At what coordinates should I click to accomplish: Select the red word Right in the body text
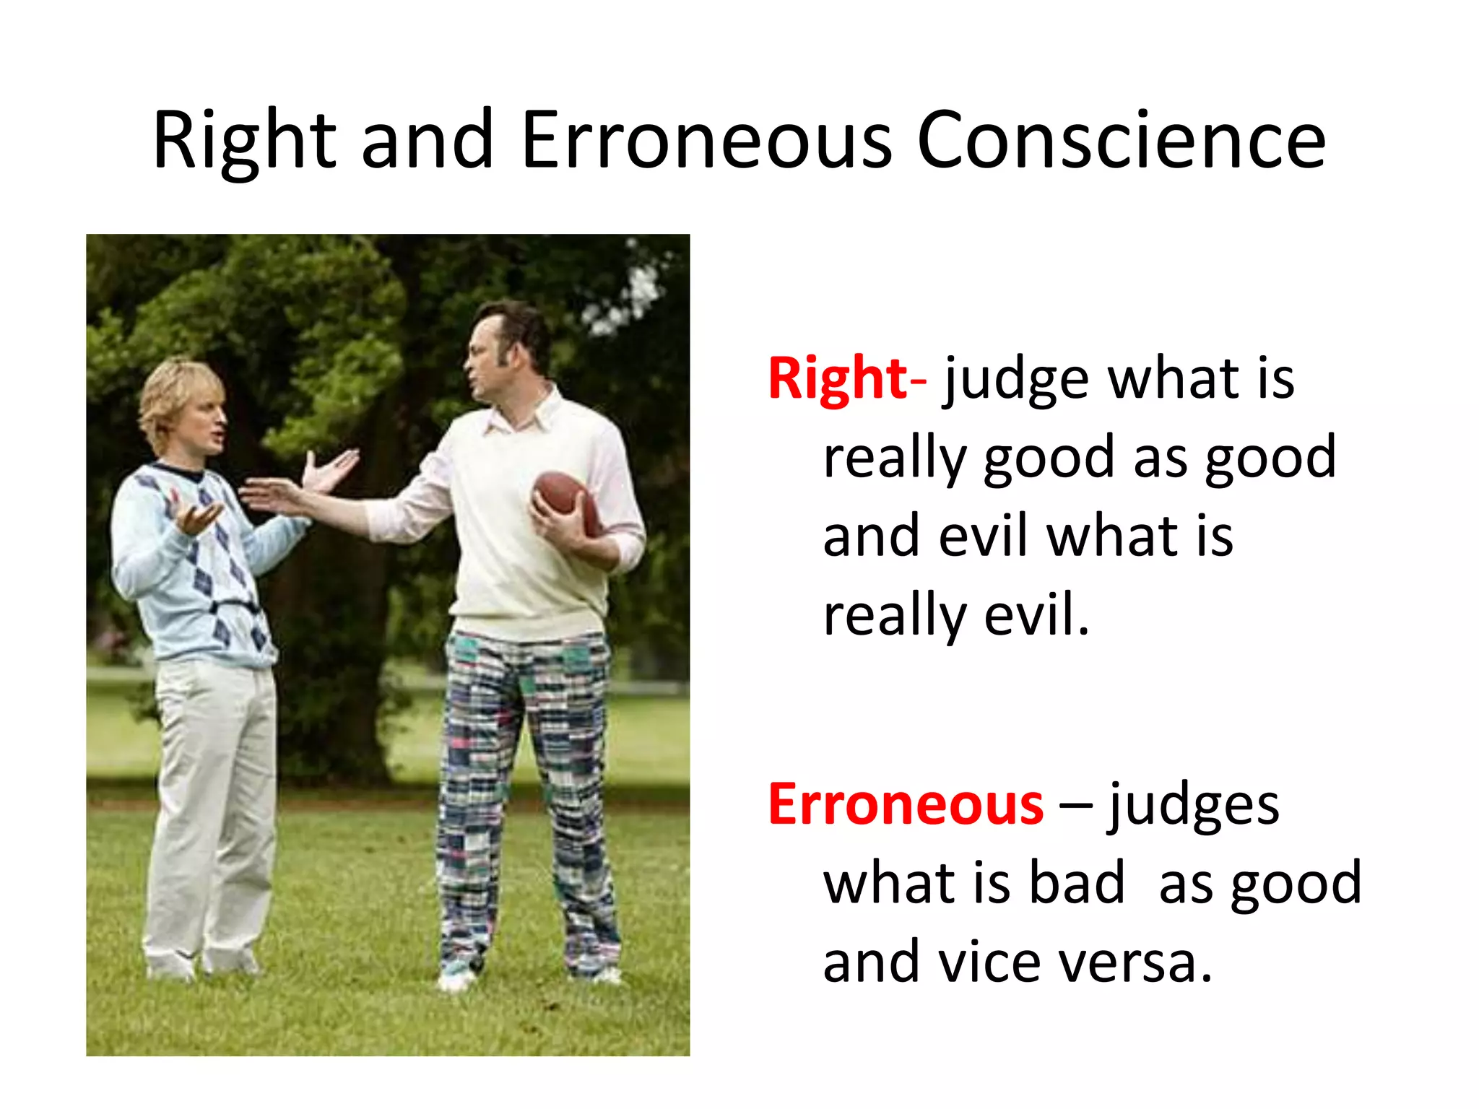tap(838, 378)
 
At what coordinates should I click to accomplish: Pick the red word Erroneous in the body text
tap(906, 804)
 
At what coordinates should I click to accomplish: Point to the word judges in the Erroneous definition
tap(1193, 806)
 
